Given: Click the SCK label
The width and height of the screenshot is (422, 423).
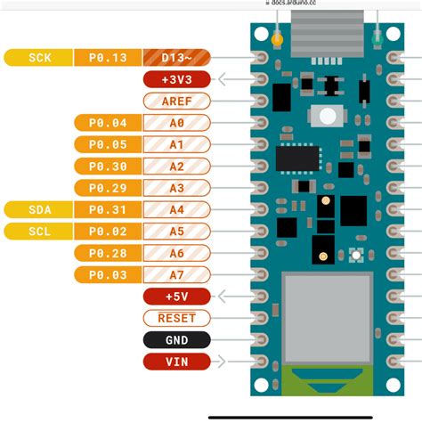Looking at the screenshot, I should point(39,58).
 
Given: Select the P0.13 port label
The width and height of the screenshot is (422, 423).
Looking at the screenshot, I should point(107,58).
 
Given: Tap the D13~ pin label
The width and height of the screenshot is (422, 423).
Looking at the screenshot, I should point(176,58).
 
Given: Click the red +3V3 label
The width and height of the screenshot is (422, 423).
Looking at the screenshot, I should point(176,79).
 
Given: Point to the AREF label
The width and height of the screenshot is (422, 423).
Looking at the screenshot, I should point(176,101).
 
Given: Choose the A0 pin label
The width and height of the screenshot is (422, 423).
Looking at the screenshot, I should point(176,123).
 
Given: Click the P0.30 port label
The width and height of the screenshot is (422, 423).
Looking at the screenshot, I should point(107,166).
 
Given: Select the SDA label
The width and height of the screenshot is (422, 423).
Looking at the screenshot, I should point(39,209).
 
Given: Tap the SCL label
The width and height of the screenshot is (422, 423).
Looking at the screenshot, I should point(39,231).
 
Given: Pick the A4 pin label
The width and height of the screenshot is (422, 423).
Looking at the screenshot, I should point(176,209).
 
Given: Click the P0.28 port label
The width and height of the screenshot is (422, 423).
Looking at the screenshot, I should point(107,253).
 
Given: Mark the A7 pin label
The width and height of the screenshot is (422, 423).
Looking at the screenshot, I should point(176,274).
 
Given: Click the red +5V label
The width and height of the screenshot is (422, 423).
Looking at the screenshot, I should point(176,296).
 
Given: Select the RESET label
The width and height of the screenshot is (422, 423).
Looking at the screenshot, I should point(176,318).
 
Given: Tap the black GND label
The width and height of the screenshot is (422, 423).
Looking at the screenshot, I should point(176,339).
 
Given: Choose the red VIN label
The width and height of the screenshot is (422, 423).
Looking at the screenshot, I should point(176,361).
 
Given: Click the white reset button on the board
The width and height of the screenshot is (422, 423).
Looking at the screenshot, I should point(328,116).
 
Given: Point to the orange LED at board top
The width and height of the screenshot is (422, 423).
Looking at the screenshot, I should point(278,39).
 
